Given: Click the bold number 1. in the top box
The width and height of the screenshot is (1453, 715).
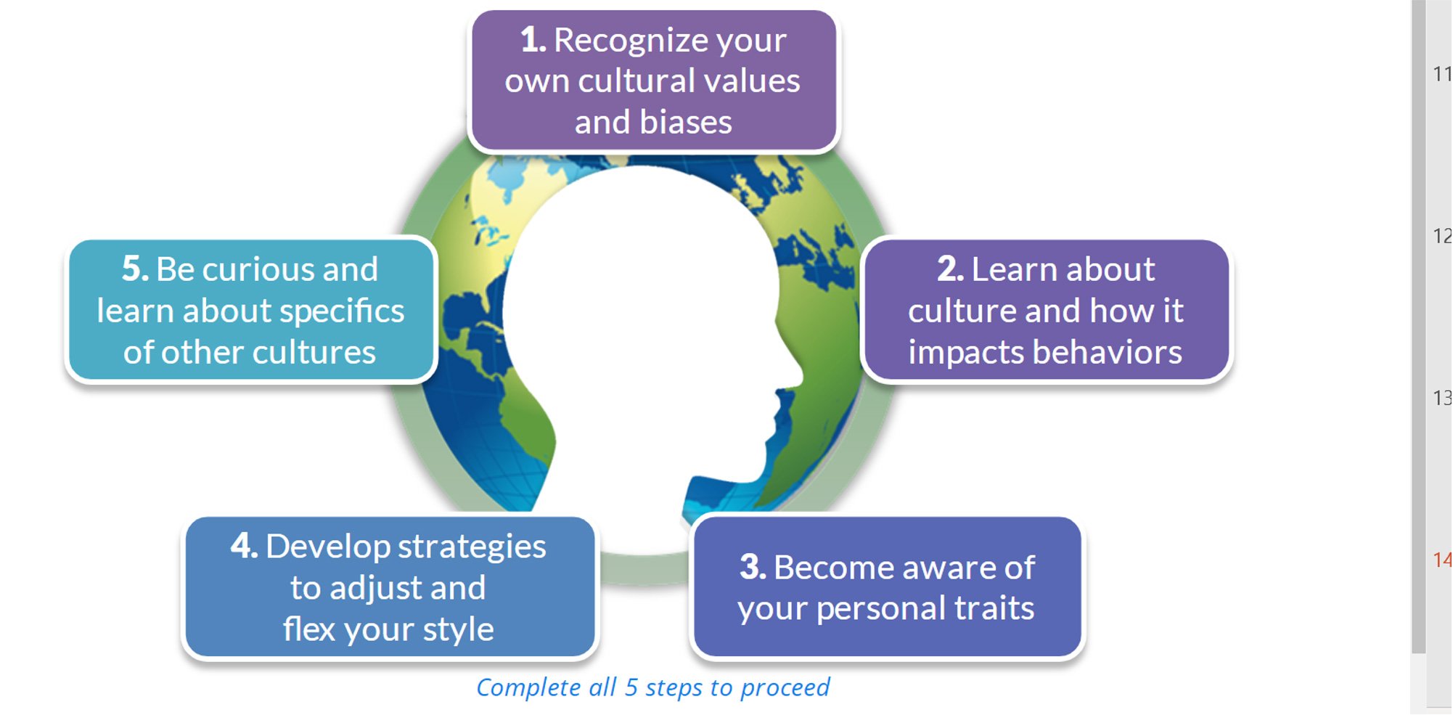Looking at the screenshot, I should (x=533, y=40).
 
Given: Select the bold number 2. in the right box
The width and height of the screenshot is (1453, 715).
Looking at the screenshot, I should (x=950, y=269).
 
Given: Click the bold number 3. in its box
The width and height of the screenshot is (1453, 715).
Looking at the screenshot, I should (x=753, y=567).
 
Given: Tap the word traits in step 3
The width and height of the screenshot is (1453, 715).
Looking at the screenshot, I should (x=994, y=608).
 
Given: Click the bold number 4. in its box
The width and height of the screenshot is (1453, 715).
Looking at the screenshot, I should (x=244, y=546).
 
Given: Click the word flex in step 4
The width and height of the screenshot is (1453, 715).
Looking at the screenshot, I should (x=310, y=629).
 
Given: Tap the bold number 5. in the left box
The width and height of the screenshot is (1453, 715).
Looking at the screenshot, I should (x=135, y=269).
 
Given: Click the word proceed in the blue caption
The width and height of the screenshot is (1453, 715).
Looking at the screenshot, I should (x=785, y=687).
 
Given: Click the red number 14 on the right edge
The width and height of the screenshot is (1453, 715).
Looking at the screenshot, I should (x=1441, y=560).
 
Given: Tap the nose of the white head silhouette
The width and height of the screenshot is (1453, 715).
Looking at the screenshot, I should (x=798, y=374).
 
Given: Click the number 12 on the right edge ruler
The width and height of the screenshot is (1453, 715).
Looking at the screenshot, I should (x=1441, y=236).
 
